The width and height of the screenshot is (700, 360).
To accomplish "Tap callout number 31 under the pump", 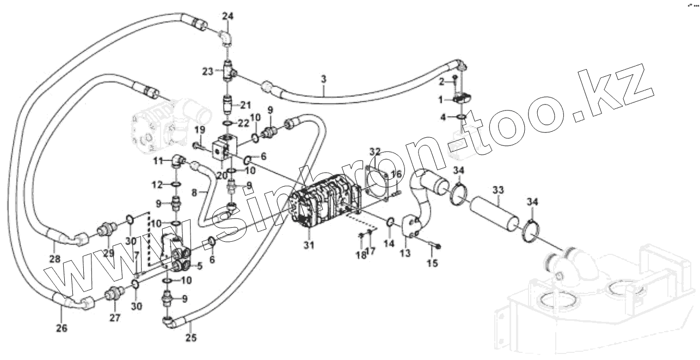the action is coord(309,245).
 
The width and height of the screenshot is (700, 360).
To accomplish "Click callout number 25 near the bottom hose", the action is coord(190,337).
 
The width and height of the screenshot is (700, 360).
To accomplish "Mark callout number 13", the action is coord(405,254).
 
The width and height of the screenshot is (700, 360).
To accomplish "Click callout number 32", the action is coord(374,151).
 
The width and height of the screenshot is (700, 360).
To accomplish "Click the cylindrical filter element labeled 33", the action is coord(492,214).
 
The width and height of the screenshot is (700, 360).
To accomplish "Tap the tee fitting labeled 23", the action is coord(228,71).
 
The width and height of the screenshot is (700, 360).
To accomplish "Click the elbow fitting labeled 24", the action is coord(224,39).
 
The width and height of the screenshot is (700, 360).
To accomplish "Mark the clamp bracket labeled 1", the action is coord(460,98).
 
